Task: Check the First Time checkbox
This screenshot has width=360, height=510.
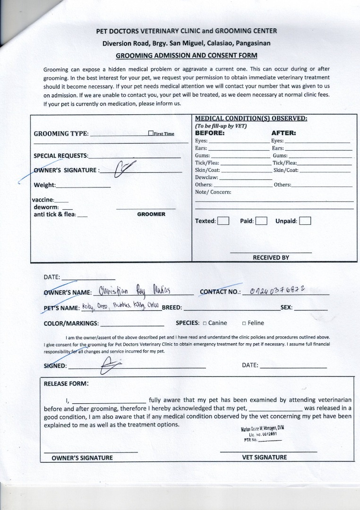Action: tap(151, 134)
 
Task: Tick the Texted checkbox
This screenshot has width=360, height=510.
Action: tap(223, 221)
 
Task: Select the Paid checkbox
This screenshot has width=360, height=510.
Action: tap(261, 221)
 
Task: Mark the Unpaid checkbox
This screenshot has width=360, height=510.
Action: tap(305, 221)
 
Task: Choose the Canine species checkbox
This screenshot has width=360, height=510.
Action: tap(205, 323)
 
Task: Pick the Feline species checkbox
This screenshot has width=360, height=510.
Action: tap(244, 323)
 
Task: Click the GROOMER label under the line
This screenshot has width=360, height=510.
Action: tap(151, 214)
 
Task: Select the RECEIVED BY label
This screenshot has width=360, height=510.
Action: tap(271, 258)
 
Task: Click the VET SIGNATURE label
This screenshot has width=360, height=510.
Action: tap(264, 457)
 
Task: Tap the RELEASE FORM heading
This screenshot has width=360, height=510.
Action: tap(66, 383)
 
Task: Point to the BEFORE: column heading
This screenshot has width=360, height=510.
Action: tap(210, 133)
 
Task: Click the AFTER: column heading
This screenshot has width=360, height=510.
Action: tap(283, 133)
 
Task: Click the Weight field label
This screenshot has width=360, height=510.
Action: tap(44, 185)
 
